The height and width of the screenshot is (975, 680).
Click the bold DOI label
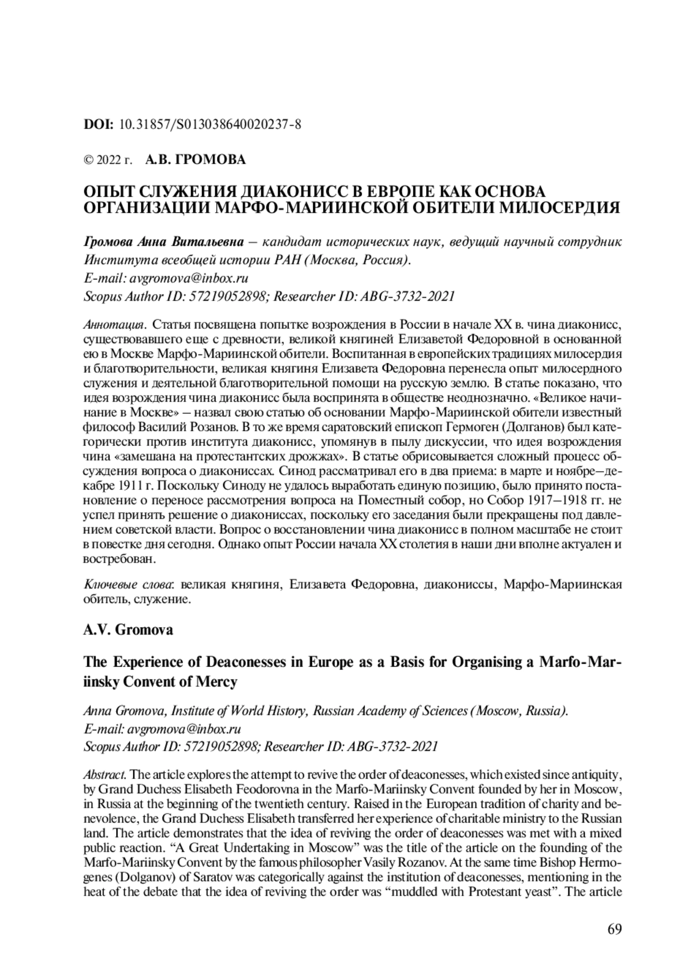[99, 124]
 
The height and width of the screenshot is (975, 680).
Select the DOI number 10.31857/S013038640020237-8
[210, 124]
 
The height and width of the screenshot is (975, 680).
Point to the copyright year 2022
[109, 160]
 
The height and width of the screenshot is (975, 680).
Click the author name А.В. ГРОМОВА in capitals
[195, 160]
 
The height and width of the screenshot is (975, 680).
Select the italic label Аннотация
[115, 326]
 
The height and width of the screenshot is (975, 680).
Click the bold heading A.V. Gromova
[128, 630]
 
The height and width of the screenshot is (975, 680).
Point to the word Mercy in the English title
[218, 682]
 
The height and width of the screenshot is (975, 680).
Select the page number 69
[614, 930]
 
